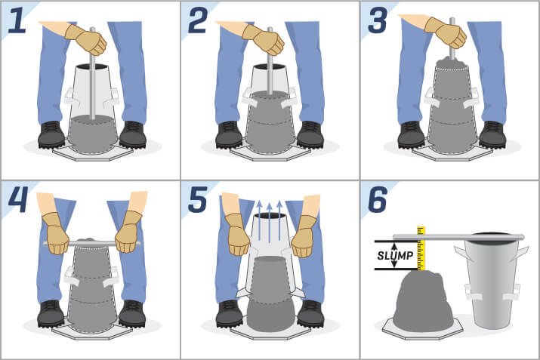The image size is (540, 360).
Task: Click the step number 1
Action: pos(17,20)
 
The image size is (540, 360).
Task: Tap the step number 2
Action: pos(198,20)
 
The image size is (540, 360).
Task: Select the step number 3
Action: pos(378,20)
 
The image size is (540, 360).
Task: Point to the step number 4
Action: pos(18,199)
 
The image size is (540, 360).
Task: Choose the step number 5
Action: pos(198,199)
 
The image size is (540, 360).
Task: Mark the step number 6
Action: pos(378,199)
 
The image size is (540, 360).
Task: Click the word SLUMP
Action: pos(395,255)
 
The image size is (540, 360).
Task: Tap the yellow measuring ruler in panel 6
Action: pos(421,248)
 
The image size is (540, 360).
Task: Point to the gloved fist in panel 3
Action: pos(446,32)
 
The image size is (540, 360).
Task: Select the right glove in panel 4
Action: pos(128,232)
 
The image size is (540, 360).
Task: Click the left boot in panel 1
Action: pos(51,134)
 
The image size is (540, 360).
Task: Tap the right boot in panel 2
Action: pos(310,134)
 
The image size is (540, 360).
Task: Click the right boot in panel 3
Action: pos(492,134)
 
